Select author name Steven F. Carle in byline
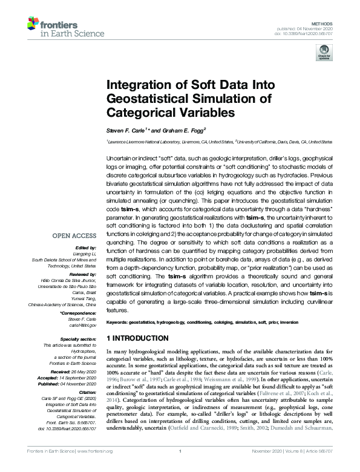pos(126,129)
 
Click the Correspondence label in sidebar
pos(75,312)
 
